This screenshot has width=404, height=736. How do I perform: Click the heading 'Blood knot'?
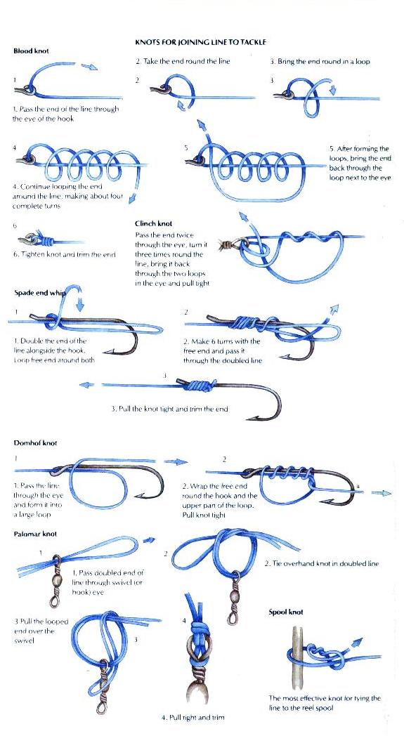pos(31,51)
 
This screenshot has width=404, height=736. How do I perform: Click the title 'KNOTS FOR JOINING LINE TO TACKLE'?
pos(200,42)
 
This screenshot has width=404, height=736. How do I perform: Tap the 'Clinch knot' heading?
pos(154,224)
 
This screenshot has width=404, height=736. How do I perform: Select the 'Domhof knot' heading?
pos(36,442)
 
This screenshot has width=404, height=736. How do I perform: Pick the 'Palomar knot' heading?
pos(35,534)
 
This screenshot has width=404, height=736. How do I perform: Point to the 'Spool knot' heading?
pos(286,612)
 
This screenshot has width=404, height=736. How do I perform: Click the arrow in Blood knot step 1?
pos(89,67)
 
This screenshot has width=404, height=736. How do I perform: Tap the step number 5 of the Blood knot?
pos(186,148)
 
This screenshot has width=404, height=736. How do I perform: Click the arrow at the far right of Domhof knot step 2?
pos(381,493)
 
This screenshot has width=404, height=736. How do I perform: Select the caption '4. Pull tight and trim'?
pos(193,717)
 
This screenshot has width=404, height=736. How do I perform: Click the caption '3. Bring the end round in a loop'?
pos(320,62)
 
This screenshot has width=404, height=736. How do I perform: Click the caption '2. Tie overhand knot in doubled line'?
pos(322,563)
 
